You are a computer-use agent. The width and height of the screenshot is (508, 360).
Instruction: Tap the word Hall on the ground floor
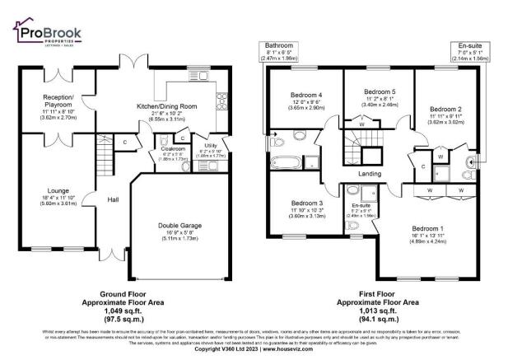(114, 199)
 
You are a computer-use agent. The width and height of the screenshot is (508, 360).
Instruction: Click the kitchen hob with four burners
(221, 101)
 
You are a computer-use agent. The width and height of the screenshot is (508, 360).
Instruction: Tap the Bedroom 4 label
(300, 94)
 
